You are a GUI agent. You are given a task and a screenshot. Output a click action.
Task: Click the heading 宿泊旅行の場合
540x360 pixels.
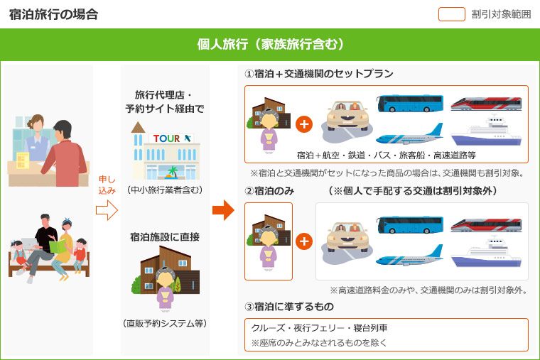click(54, 13)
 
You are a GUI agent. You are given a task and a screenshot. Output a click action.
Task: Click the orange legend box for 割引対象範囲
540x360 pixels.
click(451, 13)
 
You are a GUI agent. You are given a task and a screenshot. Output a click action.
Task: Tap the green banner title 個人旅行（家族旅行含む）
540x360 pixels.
click(270, 45)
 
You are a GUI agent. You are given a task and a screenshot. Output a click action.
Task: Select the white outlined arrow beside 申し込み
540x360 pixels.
click(106, 210)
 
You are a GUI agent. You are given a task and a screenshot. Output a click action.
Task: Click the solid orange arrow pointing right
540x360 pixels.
click(223, 210)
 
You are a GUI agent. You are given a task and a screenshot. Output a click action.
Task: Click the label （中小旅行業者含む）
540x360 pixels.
click(166, 190)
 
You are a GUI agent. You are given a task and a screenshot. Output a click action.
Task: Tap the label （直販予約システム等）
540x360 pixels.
click(166, 323)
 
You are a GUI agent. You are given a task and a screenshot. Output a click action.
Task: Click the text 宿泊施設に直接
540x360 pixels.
click(165, 236)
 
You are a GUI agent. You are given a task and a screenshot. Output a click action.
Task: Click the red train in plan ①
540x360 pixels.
click(487, 104)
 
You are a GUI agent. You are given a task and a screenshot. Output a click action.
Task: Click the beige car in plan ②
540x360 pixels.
click(345, 239)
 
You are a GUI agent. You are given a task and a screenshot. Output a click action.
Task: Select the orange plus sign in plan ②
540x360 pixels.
click(304, 241)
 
